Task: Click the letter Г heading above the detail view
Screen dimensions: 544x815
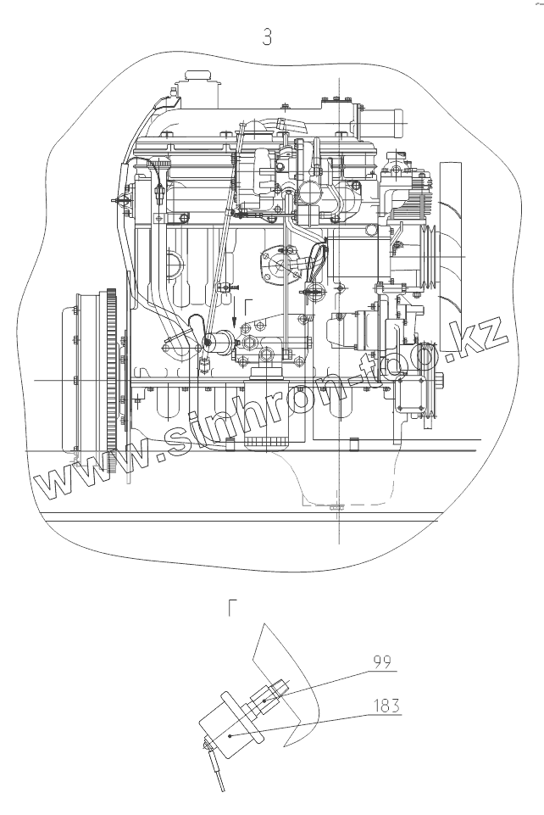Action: coord(233,607)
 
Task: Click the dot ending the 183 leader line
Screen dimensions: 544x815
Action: coord(231,737)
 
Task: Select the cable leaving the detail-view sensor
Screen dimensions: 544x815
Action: coord(218,771)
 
